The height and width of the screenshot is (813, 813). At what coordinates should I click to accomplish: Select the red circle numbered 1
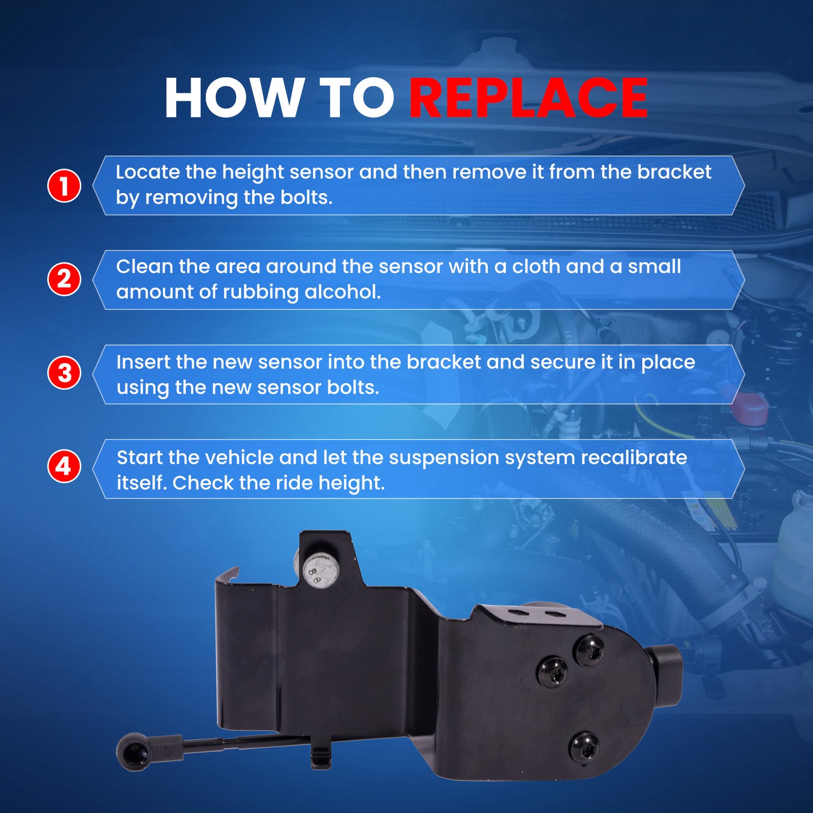[x=64, y=186]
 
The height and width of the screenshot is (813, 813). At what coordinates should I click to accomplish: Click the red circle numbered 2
[x=64, y=279]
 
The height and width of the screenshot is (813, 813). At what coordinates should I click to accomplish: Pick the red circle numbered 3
[x=64, y=374]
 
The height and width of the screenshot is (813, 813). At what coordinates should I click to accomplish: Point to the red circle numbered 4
[x=64, y=466]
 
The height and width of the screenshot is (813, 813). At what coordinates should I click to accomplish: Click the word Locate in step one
[x=147, y=172]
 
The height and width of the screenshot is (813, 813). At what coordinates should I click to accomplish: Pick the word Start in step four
[x=140, y=458]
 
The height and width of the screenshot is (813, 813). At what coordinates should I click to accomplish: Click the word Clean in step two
[x=145, y=267]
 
